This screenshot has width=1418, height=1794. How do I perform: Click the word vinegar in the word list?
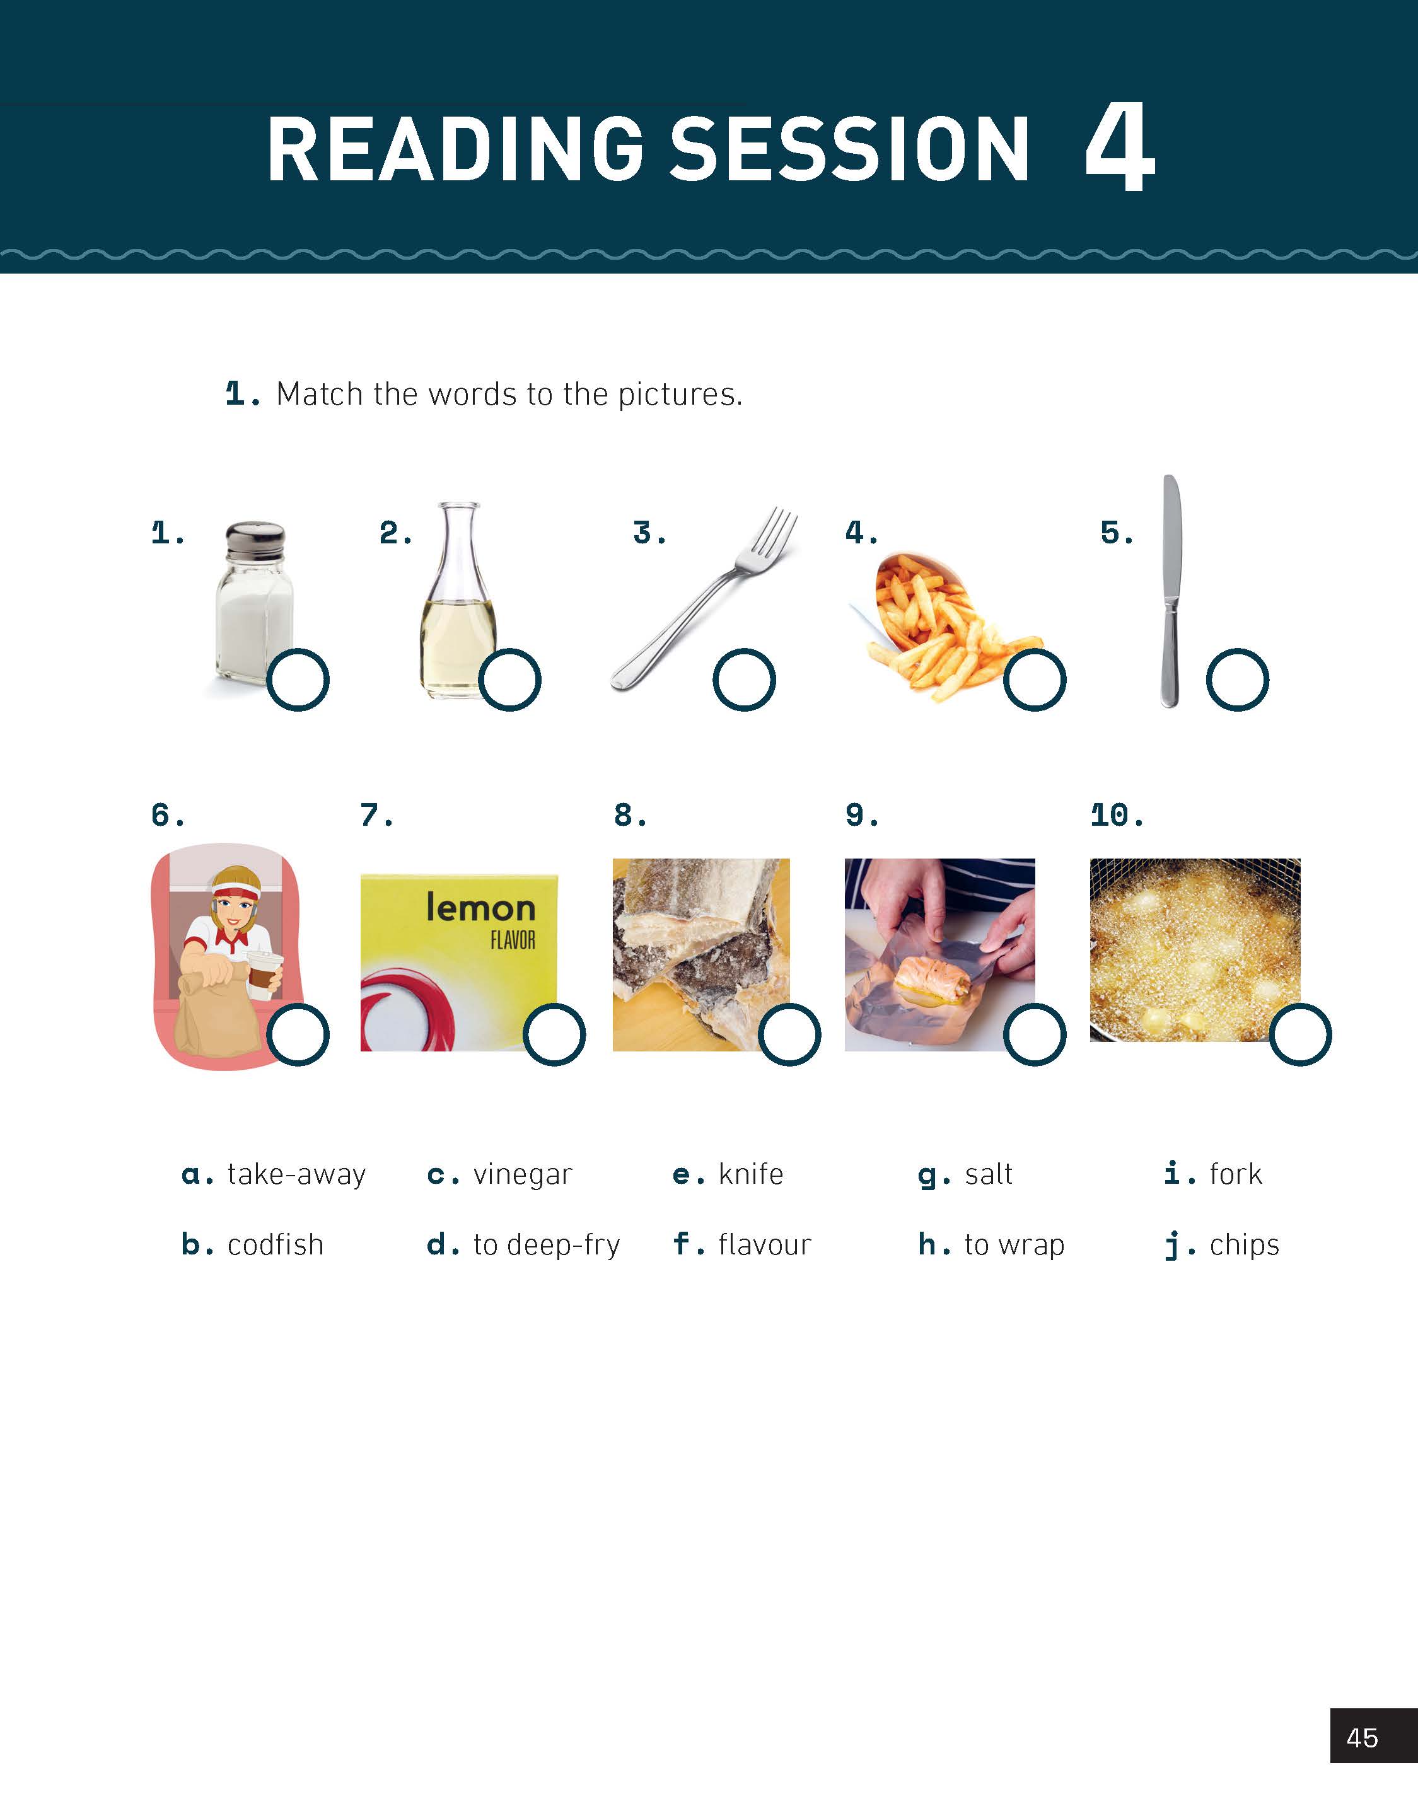click(x=522, y=1175)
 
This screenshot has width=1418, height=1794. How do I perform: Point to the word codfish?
click(x=276, y=1245)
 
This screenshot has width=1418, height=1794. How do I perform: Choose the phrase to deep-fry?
click(x=546, y=1246)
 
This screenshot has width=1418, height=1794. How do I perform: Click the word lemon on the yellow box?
click(x=480, y=908)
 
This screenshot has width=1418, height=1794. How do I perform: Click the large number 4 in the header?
click(x=1119, y=148)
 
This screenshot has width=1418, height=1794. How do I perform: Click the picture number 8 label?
click(x=630, y=815)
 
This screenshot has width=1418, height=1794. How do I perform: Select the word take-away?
click(x=296, y=1175)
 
